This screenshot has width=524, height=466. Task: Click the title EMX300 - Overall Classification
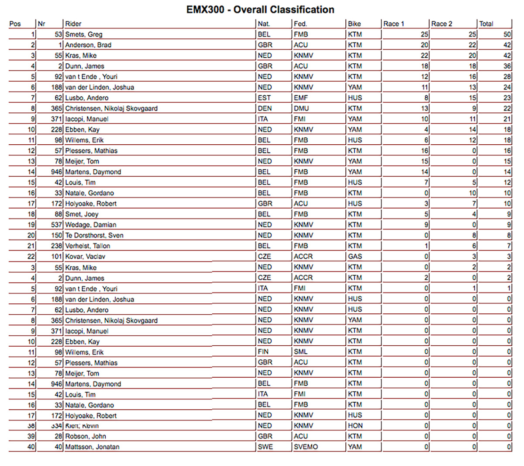(260, 10)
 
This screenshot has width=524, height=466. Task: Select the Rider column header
(73, 24)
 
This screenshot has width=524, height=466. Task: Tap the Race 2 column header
(442, 24)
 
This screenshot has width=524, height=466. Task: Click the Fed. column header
(300, 24)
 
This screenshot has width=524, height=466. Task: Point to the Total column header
(486, 24)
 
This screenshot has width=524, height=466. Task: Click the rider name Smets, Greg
(84, 34)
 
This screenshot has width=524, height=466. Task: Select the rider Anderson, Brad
(88, 45)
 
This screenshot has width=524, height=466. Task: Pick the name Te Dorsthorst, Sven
(94, 235)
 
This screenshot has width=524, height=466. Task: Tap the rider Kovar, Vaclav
(85, 256)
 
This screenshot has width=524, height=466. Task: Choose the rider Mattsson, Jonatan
(92, 447)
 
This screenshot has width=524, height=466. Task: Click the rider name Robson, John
(86, 436)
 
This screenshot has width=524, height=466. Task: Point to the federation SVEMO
(306, 447)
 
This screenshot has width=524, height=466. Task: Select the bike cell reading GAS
(355, 256)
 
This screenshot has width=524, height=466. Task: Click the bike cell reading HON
(355, 425)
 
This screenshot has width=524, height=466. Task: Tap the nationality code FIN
(263, 351)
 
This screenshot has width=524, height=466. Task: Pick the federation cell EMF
(301, 97)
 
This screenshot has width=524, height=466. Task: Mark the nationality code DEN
(264, 108)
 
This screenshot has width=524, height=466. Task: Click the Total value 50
(507, 34)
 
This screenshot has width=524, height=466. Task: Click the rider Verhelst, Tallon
(88, 246)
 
